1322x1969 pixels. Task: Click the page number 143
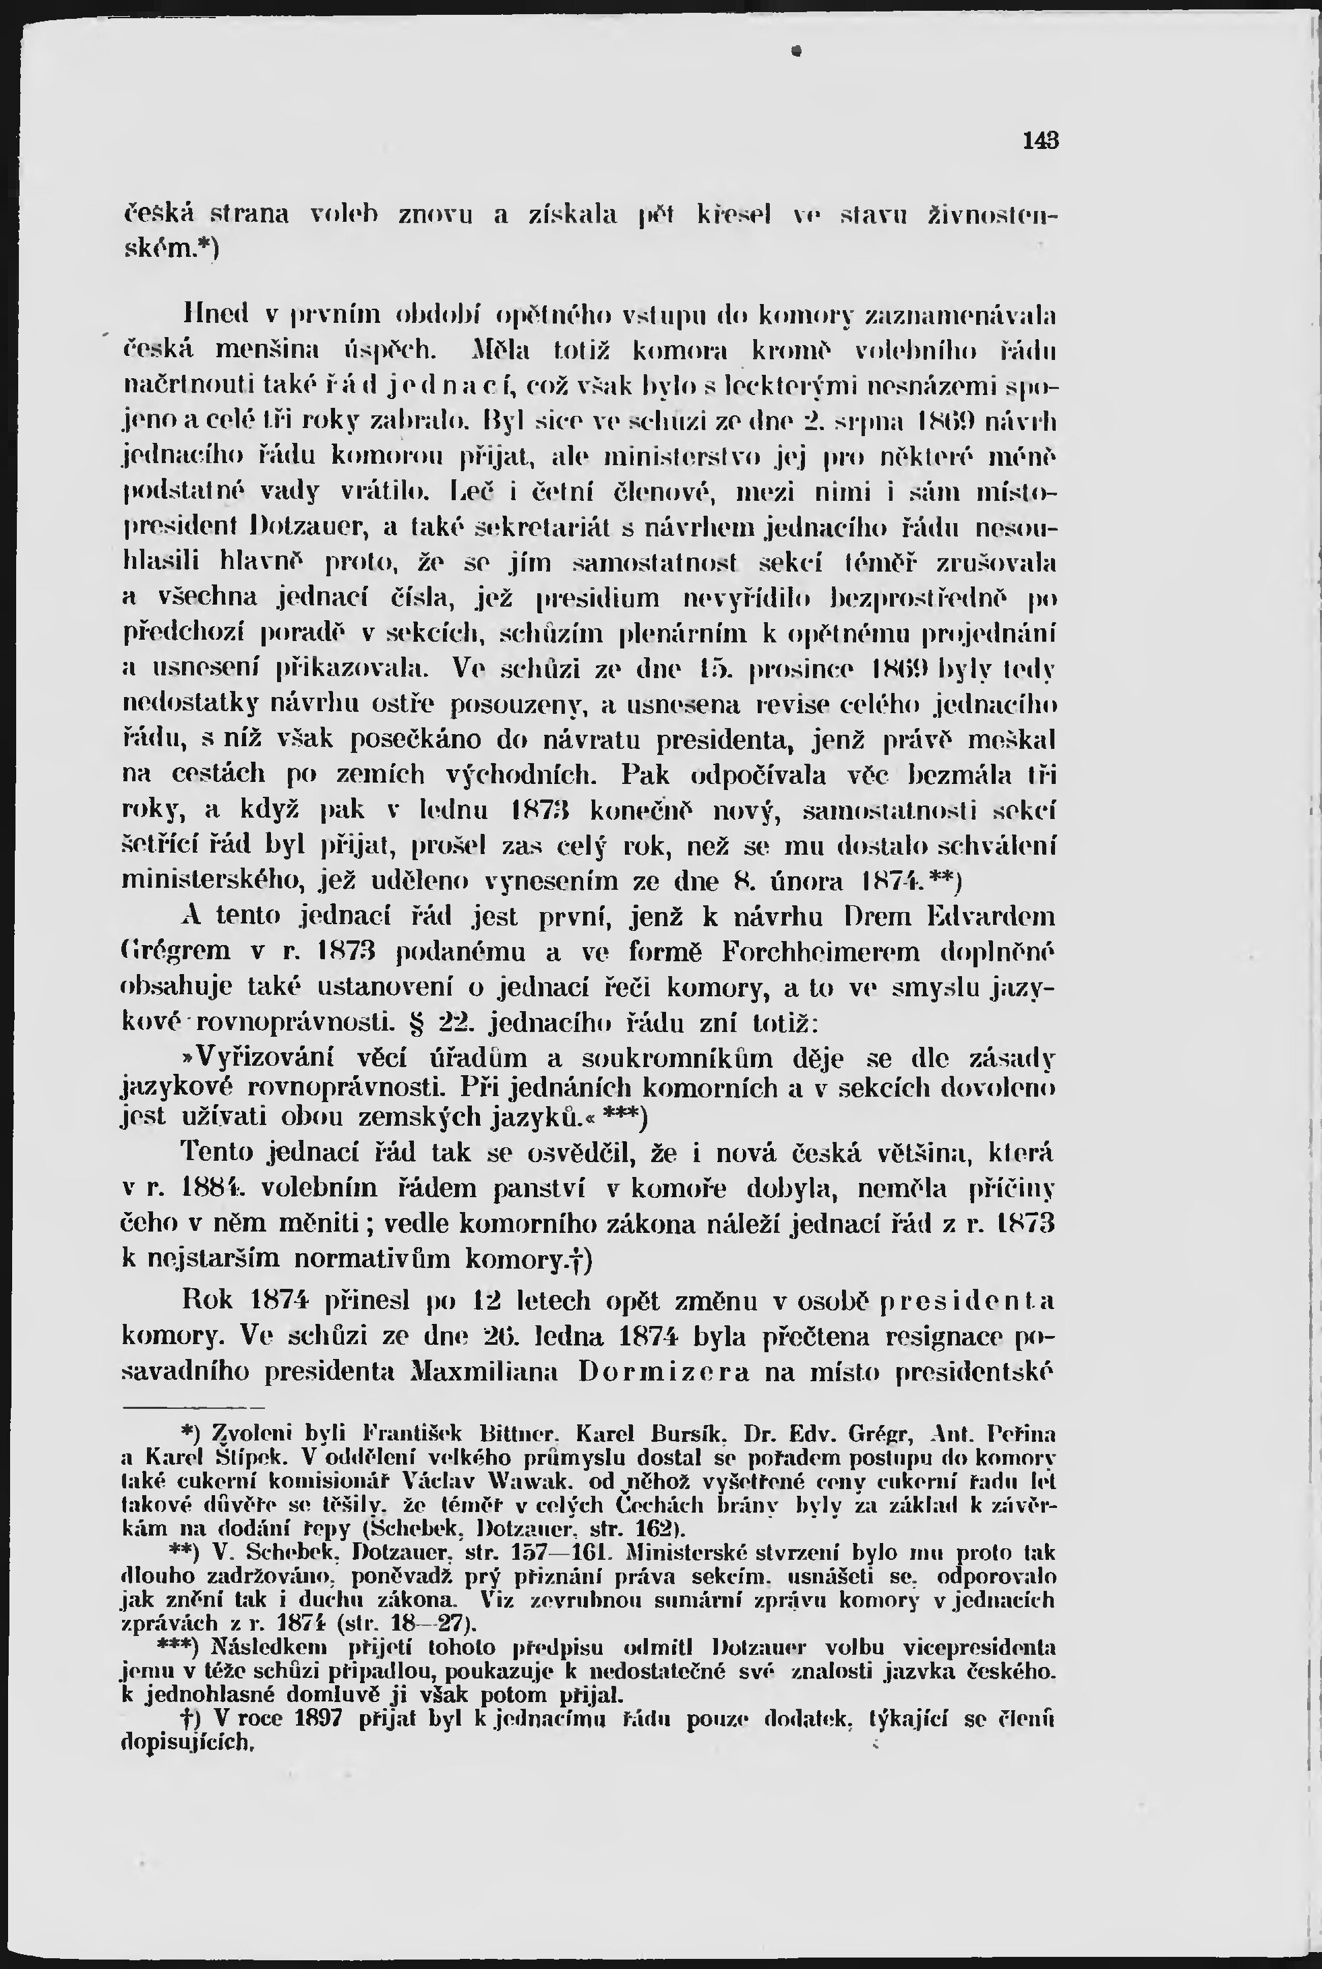click(x=1040, y=141)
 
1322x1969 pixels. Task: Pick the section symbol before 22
click(x=414, y=1024)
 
